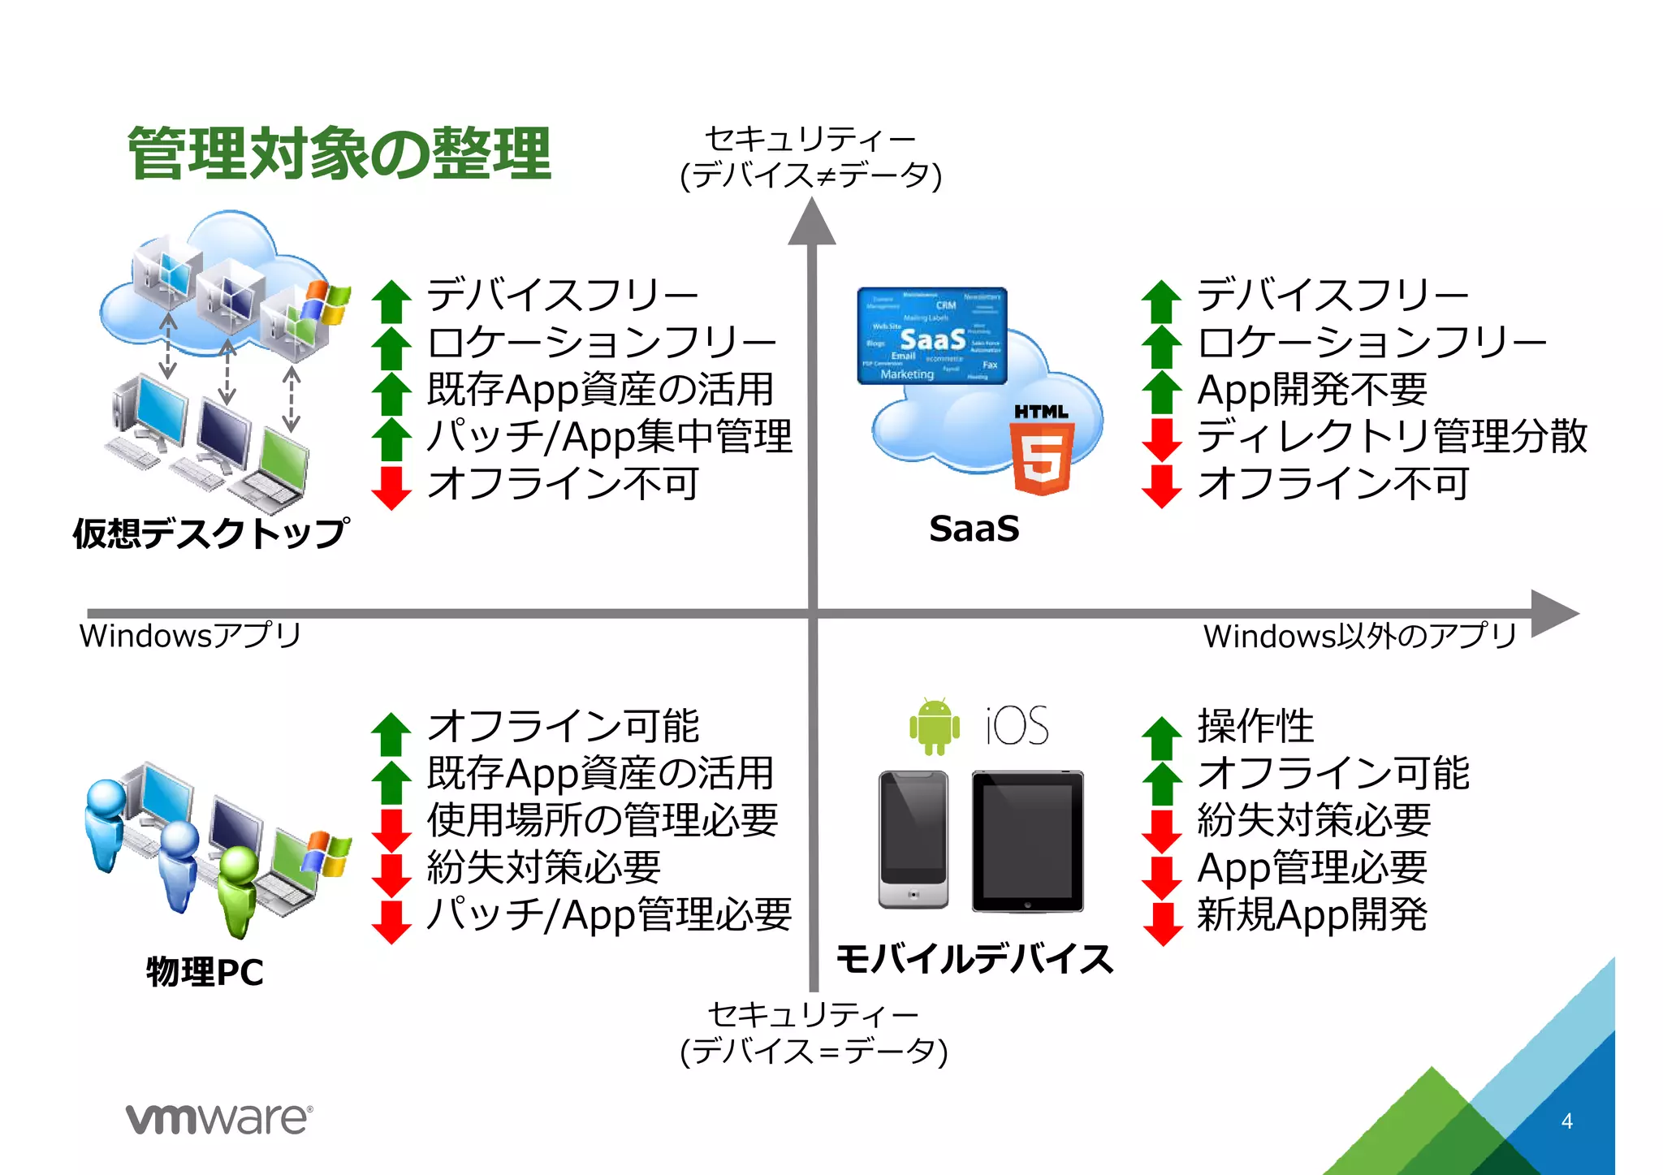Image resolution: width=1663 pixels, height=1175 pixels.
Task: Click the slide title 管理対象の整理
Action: [339, 153]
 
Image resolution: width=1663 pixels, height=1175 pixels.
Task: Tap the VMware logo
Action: [218, 1119]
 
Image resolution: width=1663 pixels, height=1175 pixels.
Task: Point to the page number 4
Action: [1566, 1121]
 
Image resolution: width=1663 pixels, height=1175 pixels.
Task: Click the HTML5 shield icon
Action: [1042, 458]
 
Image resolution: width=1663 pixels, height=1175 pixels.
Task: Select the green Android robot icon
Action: [935, 725]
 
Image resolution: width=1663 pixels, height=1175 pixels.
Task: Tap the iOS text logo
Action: [1017, 725]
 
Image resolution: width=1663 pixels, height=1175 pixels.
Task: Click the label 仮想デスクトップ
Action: [211, 534]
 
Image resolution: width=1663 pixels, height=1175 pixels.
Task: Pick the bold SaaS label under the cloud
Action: [974, 529]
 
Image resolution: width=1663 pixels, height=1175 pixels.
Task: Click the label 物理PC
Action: [205, 972]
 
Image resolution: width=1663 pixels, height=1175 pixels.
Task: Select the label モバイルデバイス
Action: [974, 959]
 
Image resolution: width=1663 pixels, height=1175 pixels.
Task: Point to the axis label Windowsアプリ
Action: [190, 636]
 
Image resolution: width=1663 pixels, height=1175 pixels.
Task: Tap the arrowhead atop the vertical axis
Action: [811, 222]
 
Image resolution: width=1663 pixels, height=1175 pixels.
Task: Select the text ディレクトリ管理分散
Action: [1392, 436]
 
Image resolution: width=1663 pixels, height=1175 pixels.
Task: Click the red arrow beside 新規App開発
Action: [1163, 922]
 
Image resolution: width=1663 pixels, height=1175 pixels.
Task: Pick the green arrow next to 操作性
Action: [1162, 737]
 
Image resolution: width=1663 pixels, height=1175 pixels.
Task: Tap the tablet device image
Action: [1027, 841]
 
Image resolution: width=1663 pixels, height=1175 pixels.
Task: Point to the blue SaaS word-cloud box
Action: [932, 335]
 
